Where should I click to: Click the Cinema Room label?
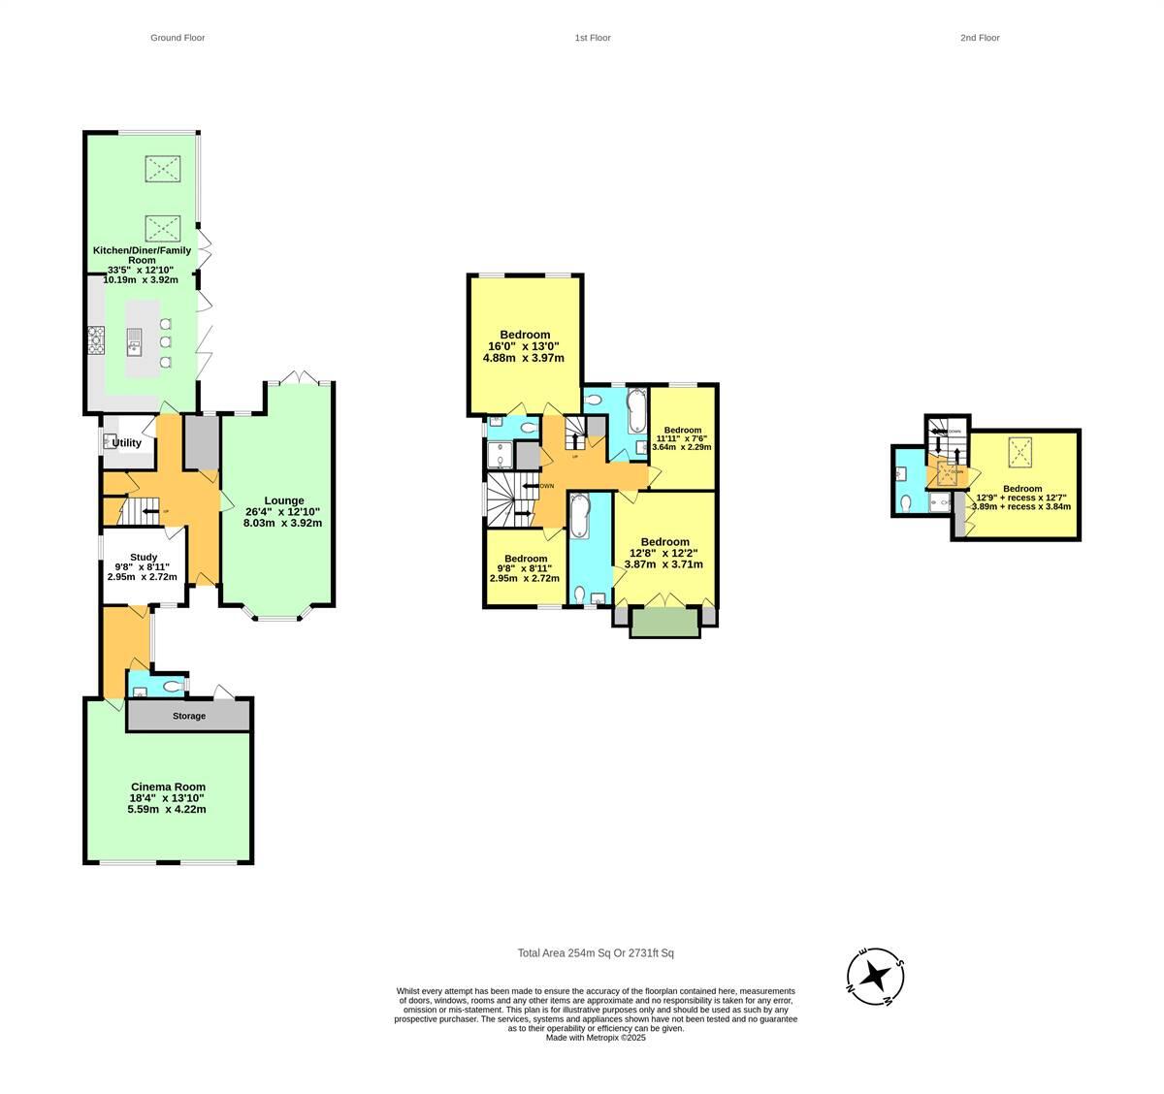(x=168, y=787)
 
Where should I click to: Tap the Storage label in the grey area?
(x=189, y=716)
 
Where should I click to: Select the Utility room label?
(x=127, y=443)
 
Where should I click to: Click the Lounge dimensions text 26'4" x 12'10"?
(x=281, y=511)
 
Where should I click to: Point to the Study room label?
(x=144, y=558)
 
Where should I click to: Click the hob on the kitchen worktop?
(x=96, y=340)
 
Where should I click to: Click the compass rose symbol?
(x=876, y=975)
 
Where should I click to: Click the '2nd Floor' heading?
(x=980, y=38)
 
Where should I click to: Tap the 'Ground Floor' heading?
(x=178, y=38)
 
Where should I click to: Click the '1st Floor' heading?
(x=592, y=38)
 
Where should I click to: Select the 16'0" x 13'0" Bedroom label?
(x=525, y=335)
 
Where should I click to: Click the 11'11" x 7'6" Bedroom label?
(x=683, y=430)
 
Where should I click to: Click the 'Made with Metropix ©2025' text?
(x=596, y=1037)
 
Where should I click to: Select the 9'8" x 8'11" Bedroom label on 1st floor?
(x=525, y=559)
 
